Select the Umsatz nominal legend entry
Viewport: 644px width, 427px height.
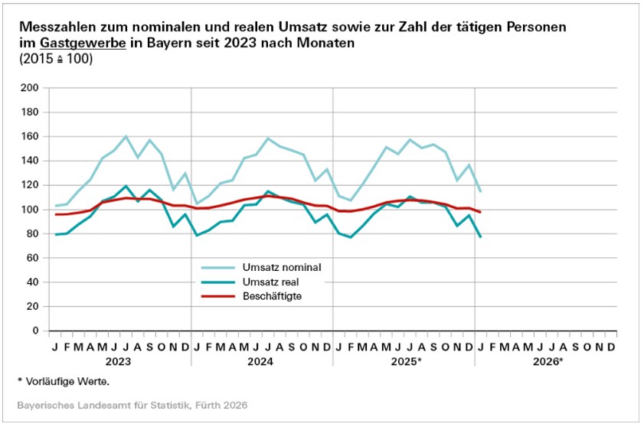(281, 267)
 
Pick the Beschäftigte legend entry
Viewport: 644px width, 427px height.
(276, 296)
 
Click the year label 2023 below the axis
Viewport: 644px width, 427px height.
(119, 361)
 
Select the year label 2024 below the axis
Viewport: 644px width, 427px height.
(262, 361)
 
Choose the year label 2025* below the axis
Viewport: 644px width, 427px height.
(405, 361)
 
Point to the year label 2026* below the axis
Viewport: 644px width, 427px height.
(547, 361)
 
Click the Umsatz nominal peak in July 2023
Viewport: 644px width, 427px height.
(126, 136)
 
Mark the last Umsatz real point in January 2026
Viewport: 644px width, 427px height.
(481, 237)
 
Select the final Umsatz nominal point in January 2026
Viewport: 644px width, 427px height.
(481, 191)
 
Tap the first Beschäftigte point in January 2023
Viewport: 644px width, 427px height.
(54, 214)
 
